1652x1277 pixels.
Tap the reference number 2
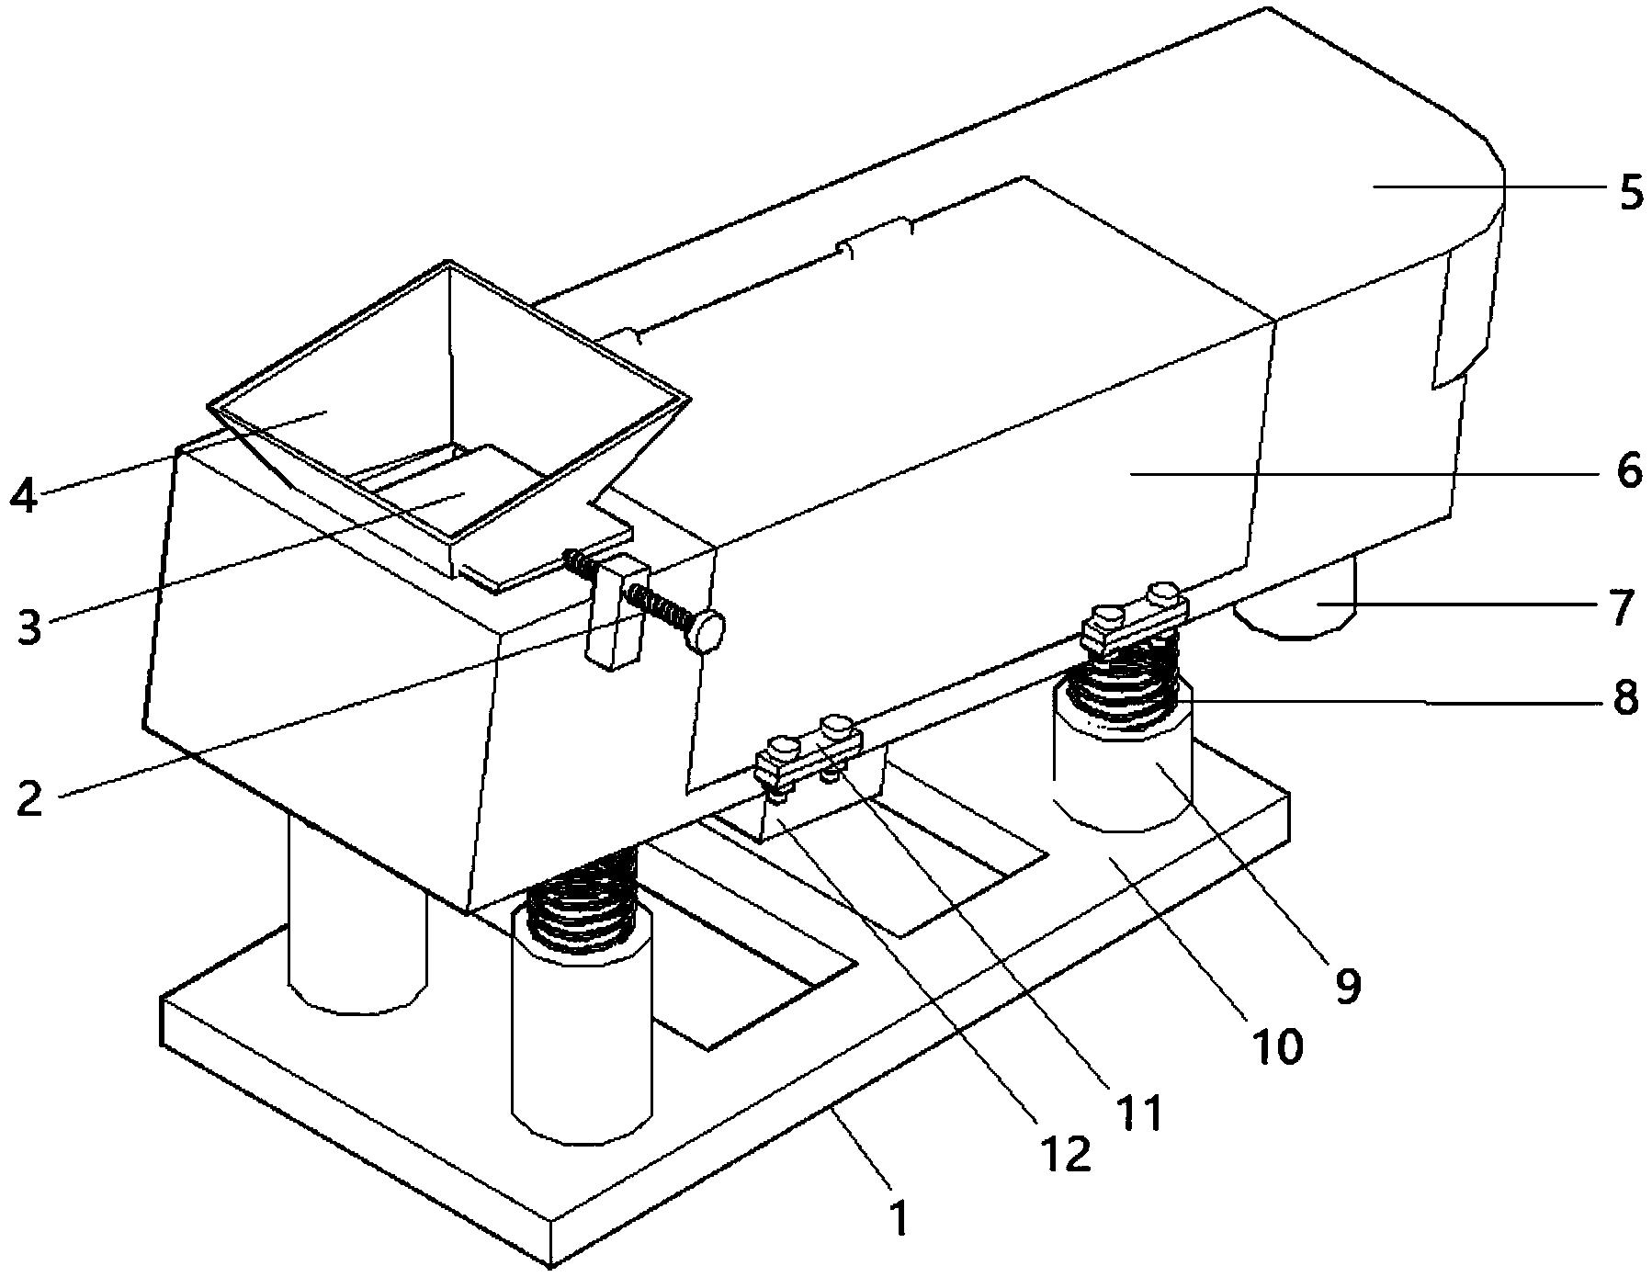pos(29,797)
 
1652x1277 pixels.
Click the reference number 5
pos(1631,194)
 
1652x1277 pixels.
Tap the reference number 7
pos(1624,607)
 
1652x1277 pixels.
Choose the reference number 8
pos(1625,700)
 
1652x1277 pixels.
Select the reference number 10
pos(1277,1046)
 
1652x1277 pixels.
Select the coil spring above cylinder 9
pos(1123,689)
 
